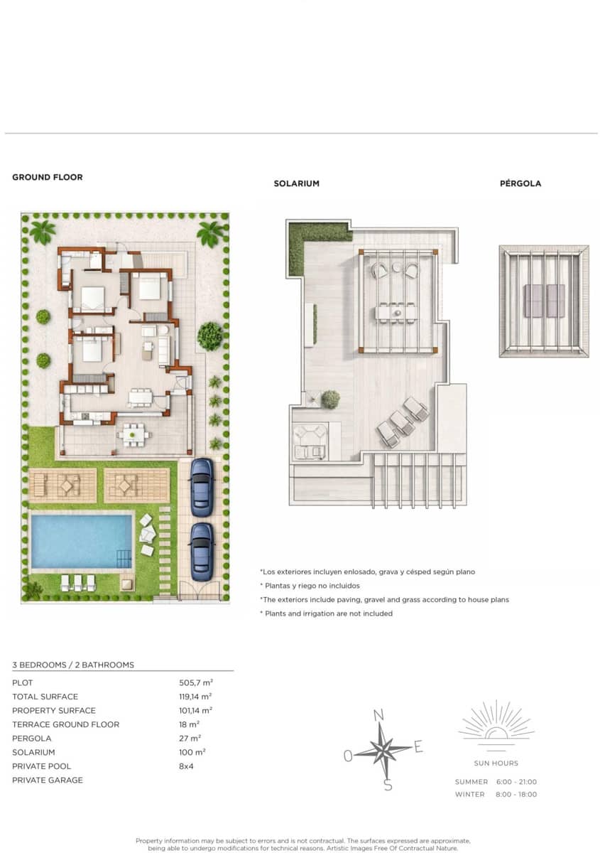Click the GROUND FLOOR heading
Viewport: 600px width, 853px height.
[48, 177]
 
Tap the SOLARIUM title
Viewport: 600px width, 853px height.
[296, 183]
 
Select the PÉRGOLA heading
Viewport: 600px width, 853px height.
[520, 183]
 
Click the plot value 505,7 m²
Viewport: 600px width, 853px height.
[196, 682]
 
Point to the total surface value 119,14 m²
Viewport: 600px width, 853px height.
[195, 697]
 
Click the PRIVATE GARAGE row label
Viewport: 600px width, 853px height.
[48, 780]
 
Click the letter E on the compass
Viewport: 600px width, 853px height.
[419, 746]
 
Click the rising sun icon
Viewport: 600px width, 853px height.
[496, 724]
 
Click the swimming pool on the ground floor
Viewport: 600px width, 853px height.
[82, 541]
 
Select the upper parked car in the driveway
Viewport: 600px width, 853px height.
[202, 486]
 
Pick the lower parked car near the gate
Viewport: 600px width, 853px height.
[202, 552]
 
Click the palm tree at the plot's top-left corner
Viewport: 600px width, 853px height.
[42, 232]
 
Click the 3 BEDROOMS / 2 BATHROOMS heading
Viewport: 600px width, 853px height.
[73, 665]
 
